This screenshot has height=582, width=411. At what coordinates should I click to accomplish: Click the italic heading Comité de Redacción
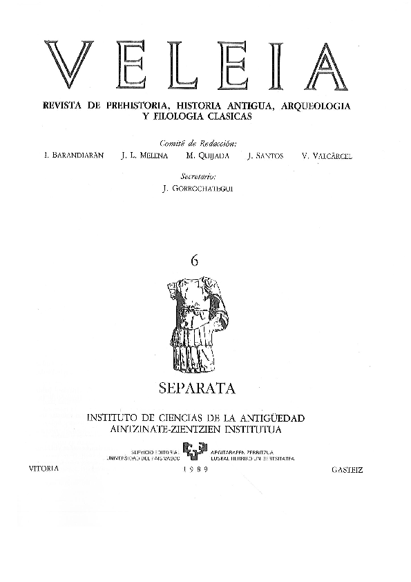(x=197, y=144)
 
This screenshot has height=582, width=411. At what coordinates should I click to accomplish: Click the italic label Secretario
(x=197, y=177)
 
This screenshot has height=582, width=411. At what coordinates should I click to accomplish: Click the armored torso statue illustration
(x=197, y=325)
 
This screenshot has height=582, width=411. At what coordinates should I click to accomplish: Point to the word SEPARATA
(x=197, y=388)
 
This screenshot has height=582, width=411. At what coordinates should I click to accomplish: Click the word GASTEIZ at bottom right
(x=347, y=469)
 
